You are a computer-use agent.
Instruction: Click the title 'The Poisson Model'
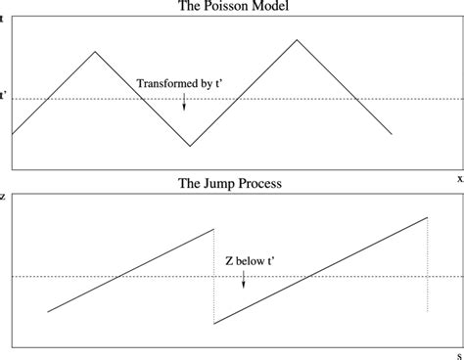(x=232, y=7)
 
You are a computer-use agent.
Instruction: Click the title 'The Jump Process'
(x=232, y=183)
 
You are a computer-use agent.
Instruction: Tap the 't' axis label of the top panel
(x=3, y=19)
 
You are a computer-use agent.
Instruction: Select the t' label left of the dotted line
(x=4, y=97)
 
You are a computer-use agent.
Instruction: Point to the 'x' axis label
(x=458, y=178)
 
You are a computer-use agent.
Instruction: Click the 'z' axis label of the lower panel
(x=3, y=196)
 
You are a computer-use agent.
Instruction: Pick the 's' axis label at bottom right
(x=458, y=353)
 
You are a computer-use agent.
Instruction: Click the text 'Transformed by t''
(x=183, y=84)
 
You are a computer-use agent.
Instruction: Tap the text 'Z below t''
(x=242, y=262)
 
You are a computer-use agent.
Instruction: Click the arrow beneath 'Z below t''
(x=243, y=281)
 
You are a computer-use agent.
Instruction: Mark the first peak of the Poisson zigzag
(x=94, y=51)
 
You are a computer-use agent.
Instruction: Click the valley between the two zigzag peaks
(x=190, y=147)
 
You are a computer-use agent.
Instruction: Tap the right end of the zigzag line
(x=393, y=134)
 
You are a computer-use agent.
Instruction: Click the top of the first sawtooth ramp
(x=213, y=229)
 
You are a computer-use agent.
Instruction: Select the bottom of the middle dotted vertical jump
(x=213, y=324)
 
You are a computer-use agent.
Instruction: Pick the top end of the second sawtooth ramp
(x=427, y=216)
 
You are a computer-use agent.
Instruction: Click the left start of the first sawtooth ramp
(x=48, y=311)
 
